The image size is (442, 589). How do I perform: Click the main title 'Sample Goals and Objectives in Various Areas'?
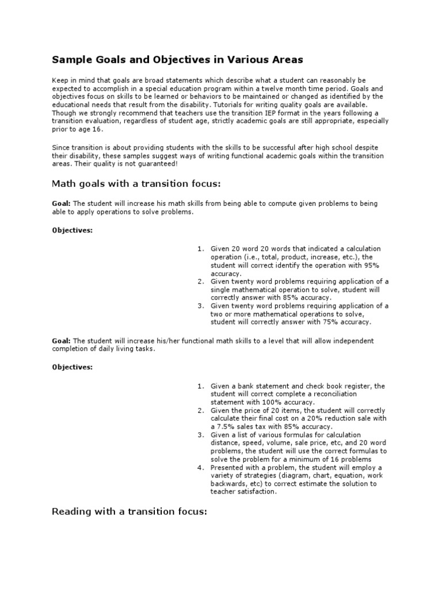click(x=178, y=59)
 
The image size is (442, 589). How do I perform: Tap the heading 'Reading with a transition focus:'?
click(x=129, y=511)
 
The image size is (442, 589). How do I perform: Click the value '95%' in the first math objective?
click(x=372, y=265)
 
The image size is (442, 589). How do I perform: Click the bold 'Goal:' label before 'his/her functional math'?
click(x=61, y=341)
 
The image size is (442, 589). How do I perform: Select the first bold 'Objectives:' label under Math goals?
click(x=72, y=230)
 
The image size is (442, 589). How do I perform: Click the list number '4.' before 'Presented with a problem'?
click(x=201, y=468)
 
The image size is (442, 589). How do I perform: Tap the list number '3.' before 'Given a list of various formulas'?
click(x=201, y=435)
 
